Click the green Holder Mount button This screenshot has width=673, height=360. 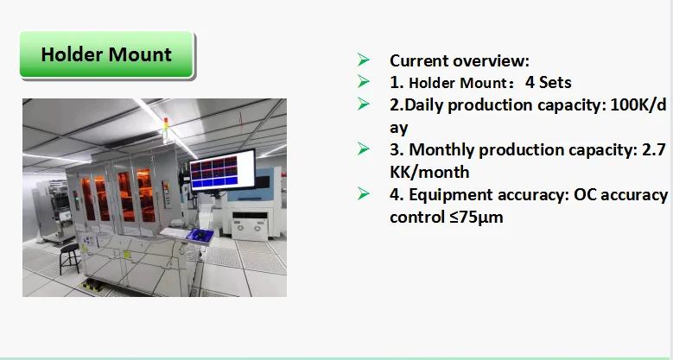pos(106,54)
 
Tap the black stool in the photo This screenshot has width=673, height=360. pos(69,258)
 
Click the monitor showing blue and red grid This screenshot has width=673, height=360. pos(222,170)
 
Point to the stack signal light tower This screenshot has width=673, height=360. pos(166,129)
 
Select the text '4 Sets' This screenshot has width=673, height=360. pos(548,82)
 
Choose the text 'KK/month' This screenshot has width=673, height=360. pos(429,172)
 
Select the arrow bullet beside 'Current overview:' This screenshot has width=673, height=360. pos(363,60)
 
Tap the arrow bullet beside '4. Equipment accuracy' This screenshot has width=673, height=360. pos(363,194)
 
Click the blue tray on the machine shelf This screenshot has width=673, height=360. pos(200,235)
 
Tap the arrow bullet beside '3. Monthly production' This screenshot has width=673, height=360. pos(363,148)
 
